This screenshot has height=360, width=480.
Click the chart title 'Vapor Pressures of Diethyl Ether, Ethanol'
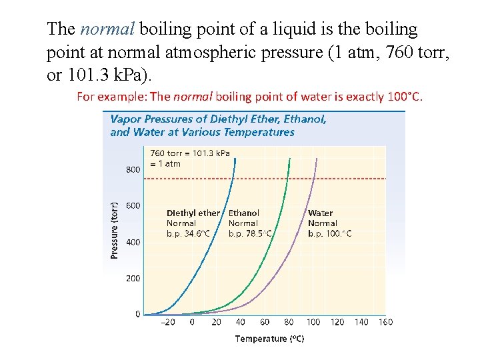[218, 119]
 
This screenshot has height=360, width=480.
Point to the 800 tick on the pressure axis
[133, 169]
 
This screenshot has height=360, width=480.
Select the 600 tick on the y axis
[133, 205]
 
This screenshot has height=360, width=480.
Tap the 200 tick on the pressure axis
[133, 278]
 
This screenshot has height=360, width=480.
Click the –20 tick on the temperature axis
[169, 322]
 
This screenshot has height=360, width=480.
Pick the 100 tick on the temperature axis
[313, 322]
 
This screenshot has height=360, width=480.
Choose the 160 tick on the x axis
[385, 322]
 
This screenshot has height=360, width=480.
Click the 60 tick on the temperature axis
[265, 322]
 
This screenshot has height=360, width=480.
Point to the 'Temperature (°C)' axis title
[269, 339]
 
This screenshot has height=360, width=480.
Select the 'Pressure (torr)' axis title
[115, 230]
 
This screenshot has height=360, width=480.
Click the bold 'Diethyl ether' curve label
[193, 213]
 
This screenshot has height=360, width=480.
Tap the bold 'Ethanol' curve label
[244, 213]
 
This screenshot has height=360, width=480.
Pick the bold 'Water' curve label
[320, 213]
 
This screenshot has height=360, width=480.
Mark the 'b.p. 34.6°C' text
[188, 233]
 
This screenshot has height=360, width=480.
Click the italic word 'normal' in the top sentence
[107, 29]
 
